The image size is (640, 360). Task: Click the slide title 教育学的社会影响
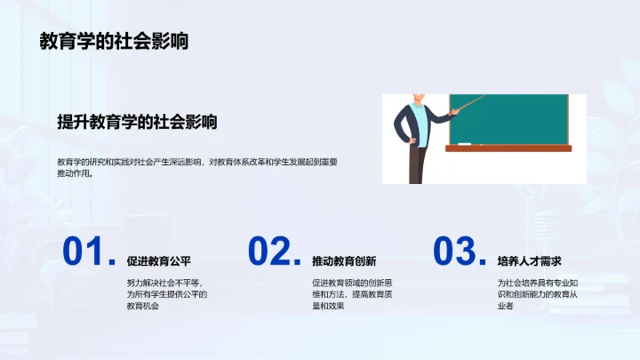pyautogui.click(x=114, y=41)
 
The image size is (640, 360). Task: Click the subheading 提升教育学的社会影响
pyautogui.click(x=137, y=123)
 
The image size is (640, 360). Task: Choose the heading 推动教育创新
pyautogui.click(x=344, y=261)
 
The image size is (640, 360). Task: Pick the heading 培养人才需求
pyautogui.click(x=530, y=261)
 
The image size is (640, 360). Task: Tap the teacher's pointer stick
pyautogui.click(x=468, y=104)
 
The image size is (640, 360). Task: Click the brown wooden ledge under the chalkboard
pyautogui.click(x=508, y=148)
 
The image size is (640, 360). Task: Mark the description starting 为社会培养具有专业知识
pyautogui.click(x=538, y=294)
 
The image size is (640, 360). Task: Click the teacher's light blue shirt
pyautogui.click(x=423, y=123)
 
